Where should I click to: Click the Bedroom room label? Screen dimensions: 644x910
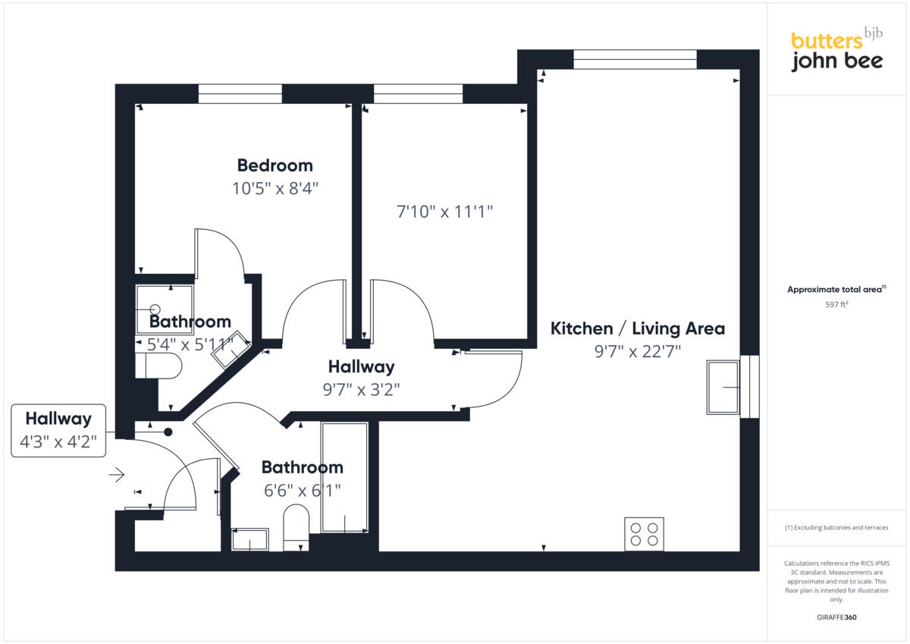(275, 165)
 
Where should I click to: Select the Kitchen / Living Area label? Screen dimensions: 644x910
(637, 328)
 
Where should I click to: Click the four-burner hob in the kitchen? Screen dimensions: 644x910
(645, 534)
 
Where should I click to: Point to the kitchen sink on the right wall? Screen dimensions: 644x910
(723, 387)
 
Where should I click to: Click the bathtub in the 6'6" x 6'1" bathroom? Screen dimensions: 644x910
(344, 477)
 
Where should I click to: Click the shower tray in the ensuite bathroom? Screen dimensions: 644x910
(165, 309)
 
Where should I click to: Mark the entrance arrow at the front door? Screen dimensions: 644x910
(116, 476)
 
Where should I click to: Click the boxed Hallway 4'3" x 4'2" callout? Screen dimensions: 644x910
(58, 430)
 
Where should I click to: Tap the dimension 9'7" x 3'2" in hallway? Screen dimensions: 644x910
(361, 390)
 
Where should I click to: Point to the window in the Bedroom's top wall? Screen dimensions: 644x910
(240, 93)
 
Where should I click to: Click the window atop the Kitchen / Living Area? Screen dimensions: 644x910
(635, 59)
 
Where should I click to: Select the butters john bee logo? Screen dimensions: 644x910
(836, 52)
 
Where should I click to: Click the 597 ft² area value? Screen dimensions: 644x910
(836, 305)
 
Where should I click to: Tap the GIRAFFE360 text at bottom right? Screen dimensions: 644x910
(836, 617)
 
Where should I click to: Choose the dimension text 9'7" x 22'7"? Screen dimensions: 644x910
(637, 351)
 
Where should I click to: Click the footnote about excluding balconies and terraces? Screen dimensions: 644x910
(836, 527)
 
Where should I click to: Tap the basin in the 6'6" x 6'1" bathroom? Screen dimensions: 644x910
(249, 539)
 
